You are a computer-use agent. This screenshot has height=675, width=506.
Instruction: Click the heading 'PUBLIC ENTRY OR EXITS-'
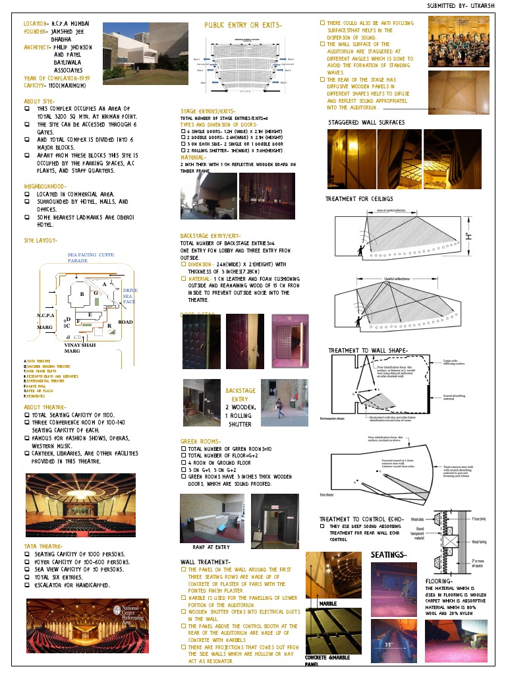coord(243,26)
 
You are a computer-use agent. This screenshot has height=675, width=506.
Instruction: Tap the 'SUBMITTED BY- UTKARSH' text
coord(460,6)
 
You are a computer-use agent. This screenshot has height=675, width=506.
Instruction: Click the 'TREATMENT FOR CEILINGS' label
coord(359,199)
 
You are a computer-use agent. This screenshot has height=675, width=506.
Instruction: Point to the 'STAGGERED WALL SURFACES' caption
coord(366,123)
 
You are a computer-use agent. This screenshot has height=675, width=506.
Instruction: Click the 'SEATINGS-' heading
coord(389,555)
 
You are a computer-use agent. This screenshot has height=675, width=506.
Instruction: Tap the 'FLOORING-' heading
coord(439,581)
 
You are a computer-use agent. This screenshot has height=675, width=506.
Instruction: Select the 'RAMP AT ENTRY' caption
coord(211,546)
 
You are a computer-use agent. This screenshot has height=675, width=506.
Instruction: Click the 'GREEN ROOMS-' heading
coord(204,440)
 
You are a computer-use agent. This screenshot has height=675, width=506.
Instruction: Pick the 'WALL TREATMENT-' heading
coord(205,562)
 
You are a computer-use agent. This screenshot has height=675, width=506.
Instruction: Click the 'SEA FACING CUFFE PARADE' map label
coord(91,257)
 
